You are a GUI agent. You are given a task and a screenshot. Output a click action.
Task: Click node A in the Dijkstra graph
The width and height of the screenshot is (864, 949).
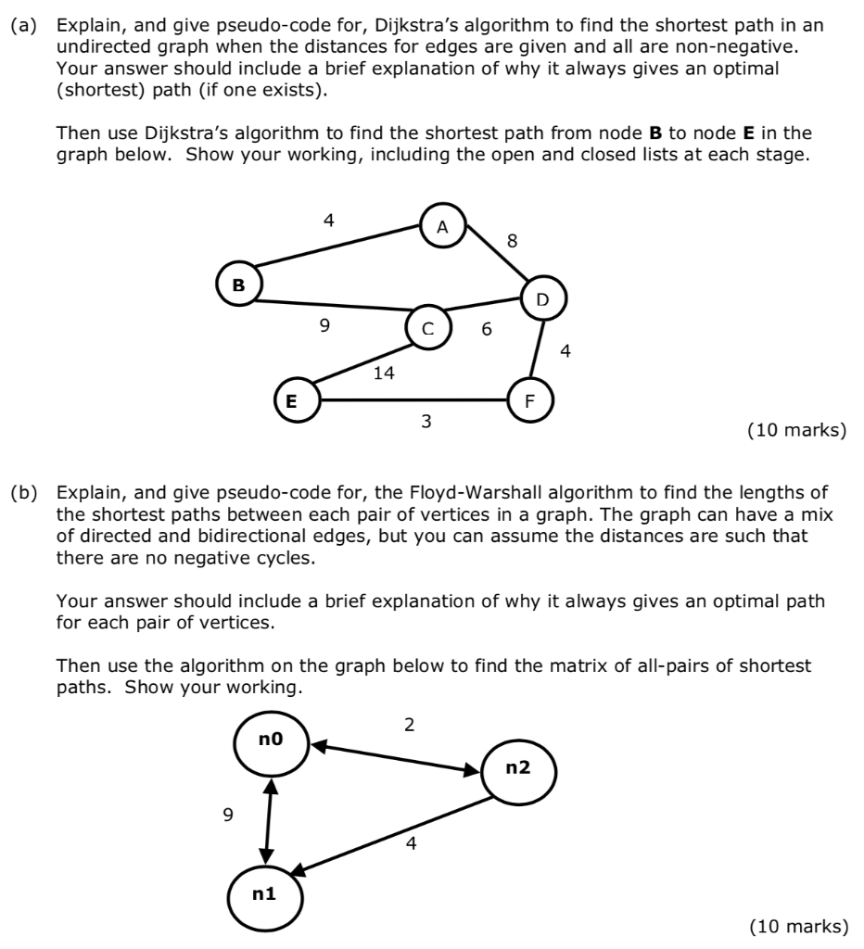tap(442, 226)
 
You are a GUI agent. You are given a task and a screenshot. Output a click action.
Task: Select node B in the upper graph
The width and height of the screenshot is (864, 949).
tap(238, 285)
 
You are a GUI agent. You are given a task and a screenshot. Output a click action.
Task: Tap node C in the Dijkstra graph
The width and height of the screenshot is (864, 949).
tap(426, 328)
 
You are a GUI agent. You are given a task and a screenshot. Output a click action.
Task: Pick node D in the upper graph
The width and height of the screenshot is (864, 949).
tap(542, 299)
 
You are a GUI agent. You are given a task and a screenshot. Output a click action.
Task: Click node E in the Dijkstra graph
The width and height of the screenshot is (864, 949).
tap(291, 401)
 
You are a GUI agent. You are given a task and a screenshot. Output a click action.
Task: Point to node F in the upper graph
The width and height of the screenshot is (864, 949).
tap(529, 401)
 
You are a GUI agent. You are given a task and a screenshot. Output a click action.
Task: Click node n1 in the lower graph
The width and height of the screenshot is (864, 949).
tap(264, 894)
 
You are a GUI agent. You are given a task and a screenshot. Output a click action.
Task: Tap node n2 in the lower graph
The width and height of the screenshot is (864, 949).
tap(517, 767)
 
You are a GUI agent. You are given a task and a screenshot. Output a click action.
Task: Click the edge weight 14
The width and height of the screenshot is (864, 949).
tap(383, 373)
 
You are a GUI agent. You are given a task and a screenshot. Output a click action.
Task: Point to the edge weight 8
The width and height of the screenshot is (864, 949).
tap(513, 243)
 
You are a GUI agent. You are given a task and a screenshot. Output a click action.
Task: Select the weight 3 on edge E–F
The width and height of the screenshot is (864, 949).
tap(426, 423)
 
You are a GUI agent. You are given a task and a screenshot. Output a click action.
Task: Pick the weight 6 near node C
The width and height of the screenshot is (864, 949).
tap(487, 329)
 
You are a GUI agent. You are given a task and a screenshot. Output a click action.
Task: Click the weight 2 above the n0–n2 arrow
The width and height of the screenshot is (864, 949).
tap(410, 724)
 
